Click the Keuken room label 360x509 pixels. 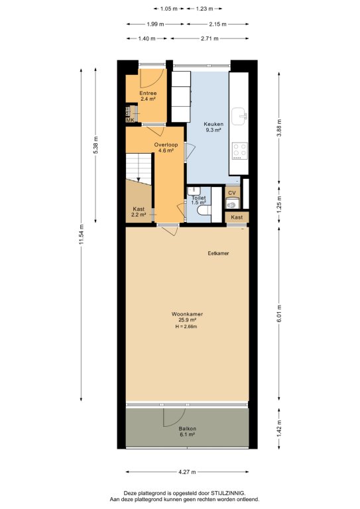[x=213, y=124]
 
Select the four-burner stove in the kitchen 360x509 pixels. [x=240, y=150]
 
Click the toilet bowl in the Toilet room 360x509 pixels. [x=204, y=209]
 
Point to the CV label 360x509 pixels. [x=232, y=193]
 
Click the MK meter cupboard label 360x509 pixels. [x=130, y=120]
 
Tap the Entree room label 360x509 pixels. [x=148, y=93]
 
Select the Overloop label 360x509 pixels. [x=166, y=144]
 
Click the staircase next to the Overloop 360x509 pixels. [x=139, y=169]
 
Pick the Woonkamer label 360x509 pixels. [x=188, y=314]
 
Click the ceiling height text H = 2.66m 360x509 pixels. [x=186, y=327]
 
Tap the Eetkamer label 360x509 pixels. [x=219, y=253]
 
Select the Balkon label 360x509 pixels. [x=188, y=429]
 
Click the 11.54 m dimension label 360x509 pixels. [x=81, y=235]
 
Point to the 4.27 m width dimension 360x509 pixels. [x=188, y=472]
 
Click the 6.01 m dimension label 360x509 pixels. [x=279, y=313]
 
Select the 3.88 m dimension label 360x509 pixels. [x=279, y=127]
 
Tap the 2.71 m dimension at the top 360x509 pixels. [x=210, y=38]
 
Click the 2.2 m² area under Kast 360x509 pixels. [x=139, y=215]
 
